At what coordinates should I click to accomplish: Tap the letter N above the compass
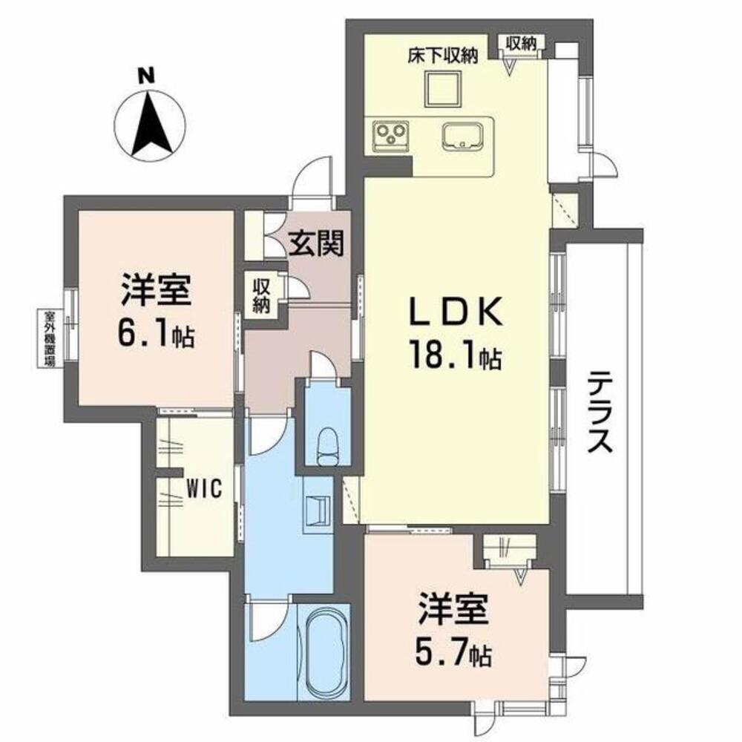(x=149, y=75)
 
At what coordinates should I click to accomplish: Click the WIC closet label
(x=202, y=489)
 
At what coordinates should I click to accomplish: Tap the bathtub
(x=325, y=649)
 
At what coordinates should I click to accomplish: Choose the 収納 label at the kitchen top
(x=521, y=43)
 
